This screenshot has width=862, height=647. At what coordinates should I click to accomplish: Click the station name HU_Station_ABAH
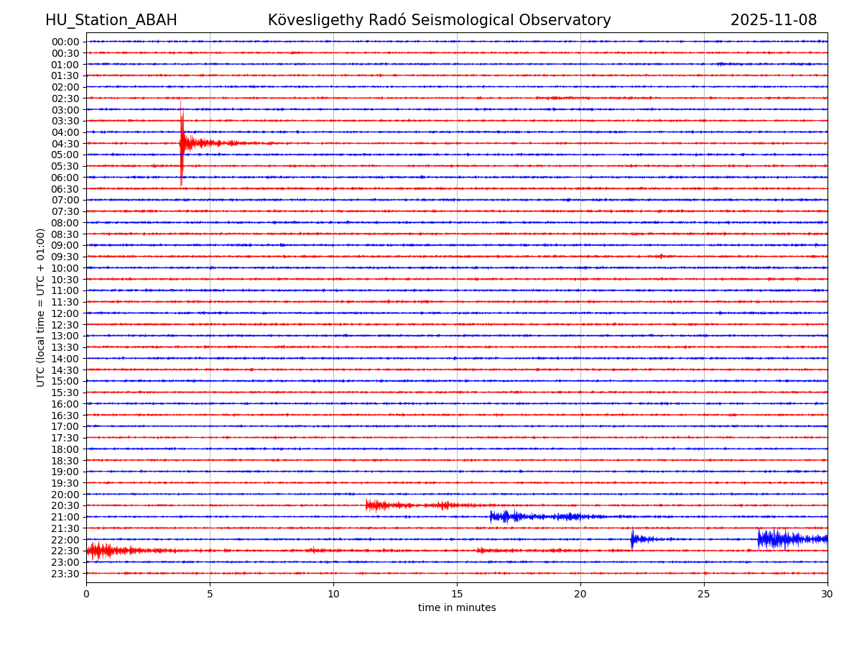[111, 20]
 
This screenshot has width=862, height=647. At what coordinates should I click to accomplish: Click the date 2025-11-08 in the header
[774, 20]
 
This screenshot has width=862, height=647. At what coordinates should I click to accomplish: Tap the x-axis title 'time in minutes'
[457, 607]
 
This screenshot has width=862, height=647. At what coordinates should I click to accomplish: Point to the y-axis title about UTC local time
[41, 307]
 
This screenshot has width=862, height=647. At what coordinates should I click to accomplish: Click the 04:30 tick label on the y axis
[65, 144]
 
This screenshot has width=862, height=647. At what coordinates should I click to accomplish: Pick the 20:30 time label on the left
[65, 506]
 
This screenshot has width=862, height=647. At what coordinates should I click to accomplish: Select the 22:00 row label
[65, 540]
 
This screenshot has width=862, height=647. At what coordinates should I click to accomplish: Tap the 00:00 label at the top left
[65, 42]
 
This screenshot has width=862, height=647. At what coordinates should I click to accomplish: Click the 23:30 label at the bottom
[65, 574]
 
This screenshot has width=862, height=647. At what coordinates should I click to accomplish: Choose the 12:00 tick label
[65, 313]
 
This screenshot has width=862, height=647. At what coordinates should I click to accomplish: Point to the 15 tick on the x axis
[457, 594]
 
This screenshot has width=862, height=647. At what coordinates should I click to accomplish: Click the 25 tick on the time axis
[704, 594]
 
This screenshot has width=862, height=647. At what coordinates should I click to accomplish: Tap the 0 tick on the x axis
[86, 594]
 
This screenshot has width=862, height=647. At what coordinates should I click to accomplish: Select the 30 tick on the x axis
[828, 594]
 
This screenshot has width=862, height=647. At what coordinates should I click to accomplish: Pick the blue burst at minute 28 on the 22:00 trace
[776, 538]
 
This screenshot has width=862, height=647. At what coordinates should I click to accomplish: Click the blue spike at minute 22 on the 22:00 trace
[632, 538]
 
